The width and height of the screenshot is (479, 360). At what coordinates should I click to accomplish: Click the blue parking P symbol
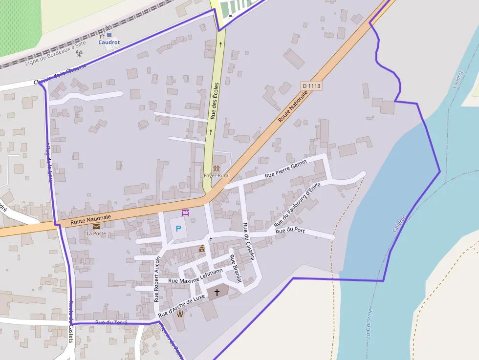[x=178, y=228]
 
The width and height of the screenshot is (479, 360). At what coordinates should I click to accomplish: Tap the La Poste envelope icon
[x=96, y=226]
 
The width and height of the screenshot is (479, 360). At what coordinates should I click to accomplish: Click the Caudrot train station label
[x=109, y=42]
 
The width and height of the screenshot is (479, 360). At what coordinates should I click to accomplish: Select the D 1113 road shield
[x=311, y=86]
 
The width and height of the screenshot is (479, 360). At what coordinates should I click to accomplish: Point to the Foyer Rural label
[x=217, y=175]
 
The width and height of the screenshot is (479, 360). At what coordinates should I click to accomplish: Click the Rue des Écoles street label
[x=214, y=101]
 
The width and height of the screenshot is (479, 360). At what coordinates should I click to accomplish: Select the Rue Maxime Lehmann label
[x=195, y=276]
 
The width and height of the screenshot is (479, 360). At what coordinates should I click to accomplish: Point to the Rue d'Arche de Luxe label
[x=181, y=304]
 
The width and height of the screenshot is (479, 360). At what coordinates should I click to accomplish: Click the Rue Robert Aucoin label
[x=157, y=278]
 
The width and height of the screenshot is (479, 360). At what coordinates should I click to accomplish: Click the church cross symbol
[x=217, y=292]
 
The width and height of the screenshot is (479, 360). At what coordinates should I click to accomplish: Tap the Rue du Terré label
[x=111, y=322]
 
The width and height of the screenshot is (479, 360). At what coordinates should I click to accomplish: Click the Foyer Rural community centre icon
[x=217, y=168]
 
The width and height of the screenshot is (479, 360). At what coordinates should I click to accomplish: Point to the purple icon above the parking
[x=185, y=213]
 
